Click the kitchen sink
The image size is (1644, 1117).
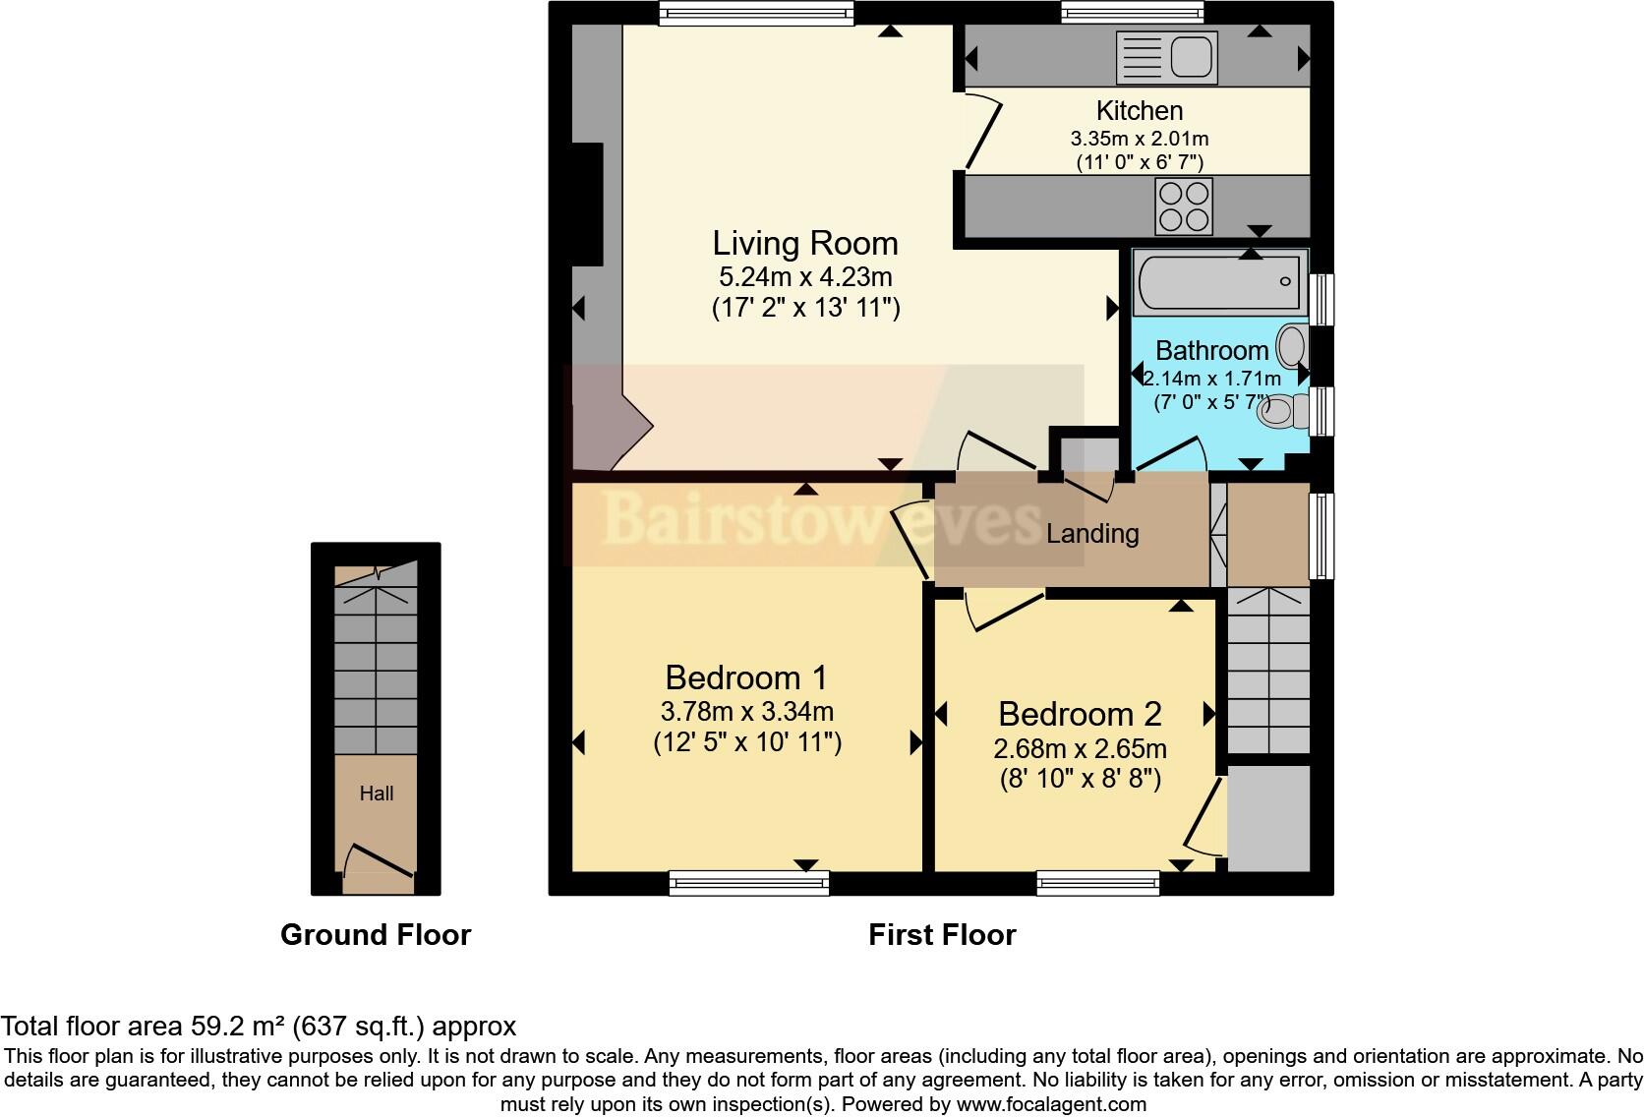coord(1167,57)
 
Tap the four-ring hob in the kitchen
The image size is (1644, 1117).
coord(1184,206)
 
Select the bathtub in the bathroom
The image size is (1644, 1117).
coord(1220,281)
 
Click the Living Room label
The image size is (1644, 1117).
coord(805,243)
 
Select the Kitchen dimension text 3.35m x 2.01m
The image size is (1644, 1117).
coord(1140,139)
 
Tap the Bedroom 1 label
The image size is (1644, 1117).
coord(746,677)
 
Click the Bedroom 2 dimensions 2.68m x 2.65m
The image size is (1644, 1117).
coord(1080,749)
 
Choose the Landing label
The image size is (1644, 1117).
coord(1092,534)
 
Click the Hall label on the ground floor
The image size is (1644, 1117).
coord(377,794)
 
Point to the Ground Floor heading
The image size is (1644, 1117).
coord(376,935)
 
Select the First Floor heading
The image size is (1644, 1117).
coord(942,935)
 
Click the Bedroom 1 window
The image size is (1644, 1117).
coord(748,883)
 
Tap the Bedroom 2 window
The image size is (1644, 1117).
coord(1098,883)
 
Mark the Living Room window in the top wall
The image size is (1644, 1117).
coord(755,12)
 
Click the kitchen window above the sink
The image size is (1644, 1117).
coord(1133,12)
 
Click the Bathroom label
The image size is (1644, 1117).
coord(1211,351)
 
